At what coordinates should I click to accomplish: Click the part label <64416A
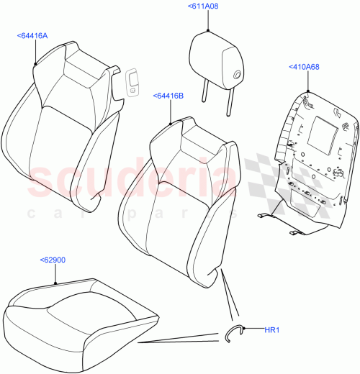pyautogui.click(x=34, y=35)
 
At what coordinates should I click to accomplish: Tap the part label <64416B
pyautogui.click(x=168, y=95)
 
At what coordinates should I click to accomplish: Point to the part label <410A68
pyautogui.click(x=305, y=67)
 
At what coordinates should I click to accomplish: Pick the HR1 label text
pyautogui.click(x=271, y=330)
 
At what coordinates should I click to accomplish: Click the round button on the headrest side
pyautogui.click(x=237, y=72)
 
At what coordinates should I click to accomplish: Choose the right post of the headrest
pyautogui.click(x=230, y=97)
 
